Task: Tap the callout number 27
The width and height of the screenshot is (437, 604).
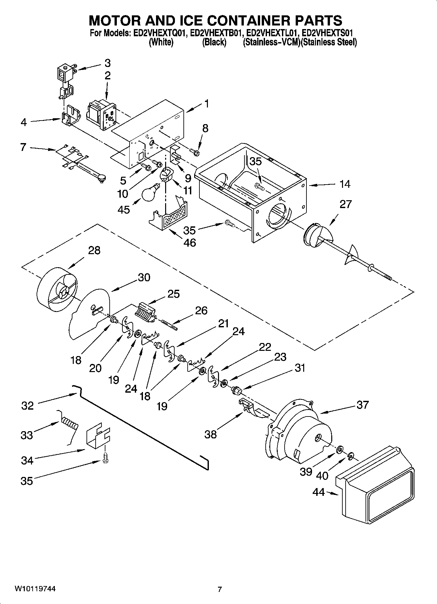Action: point(346,204)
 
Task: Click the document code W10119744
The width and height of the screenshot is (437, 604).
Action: point(35,589)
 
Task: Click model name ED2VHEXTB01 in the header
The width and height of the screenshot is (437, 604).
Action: point(216,33)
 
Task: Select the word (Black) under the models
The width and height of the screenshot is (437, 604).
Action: point(214,42)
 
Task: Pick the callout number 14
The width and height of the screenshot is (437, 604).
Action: point(345,184)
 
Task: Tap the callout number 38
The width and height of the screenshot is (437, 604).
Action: point(211,434)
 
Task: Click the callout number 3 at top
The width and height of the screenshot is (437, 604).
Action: point(107,62)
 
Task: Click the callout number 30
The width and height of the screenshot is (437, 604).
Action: point(144,277)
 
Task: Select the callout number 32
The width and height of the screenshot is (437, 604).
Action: point(27,406)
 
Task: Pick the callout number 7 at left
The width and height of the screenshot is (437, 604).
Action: point(23,147)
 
